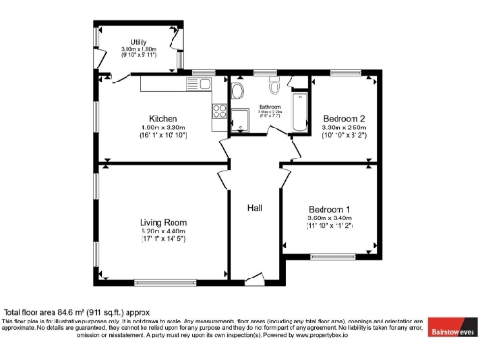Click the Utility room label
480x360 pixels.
pyautogui.click(x=139, y=42)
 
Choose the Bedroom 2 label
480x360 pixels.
pyautogui.click(x=343, y=119)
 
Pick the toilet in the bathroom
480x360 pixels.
pyautogui.click(x=273, y=87)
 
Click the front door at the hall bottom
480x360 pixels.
pyautogui.click(x=252, y=277)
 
